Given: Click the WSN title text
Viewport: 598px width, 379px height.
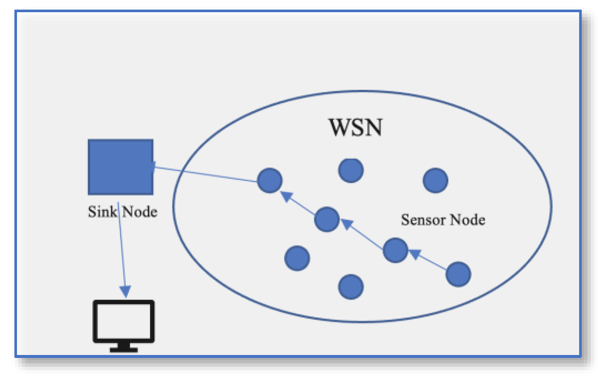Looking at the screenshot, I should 355,127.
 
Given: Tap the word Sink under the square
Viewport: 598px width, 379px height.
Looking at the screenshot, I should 102,212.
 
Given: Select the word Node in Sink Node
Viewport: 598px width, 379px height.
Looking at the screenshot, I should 140,212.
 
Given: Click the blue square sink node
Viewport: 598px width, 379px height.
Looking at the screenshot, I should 120,167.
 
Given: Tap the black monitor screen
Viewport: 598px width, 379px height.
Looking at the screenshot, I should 123,320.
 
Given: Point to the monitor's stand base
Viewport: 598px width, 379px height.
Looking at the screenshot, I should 124,349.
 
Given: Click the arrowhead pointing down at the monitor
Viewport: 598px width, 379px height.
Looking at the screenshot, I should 126,291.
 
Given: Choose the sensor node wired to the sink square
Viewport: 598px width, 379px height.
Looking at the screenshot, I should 270,181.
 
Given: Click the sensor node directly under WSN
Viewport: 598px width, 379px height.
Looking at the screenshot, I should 351,171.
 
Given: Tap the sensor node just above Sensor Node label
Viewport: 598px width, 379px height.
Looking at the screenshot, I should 435,181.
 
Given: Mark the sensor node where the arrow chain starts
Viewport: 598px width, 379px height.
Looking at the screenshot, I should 458,274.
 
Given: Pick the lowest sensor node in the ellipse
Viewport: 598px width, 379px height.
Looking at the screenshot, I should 351,287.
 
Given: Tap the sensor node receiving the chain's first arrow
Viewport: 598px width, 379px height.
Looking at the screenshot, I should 395,250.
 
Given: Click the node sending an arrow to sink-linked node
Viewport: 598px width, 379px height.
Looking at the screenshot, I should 327,219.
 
